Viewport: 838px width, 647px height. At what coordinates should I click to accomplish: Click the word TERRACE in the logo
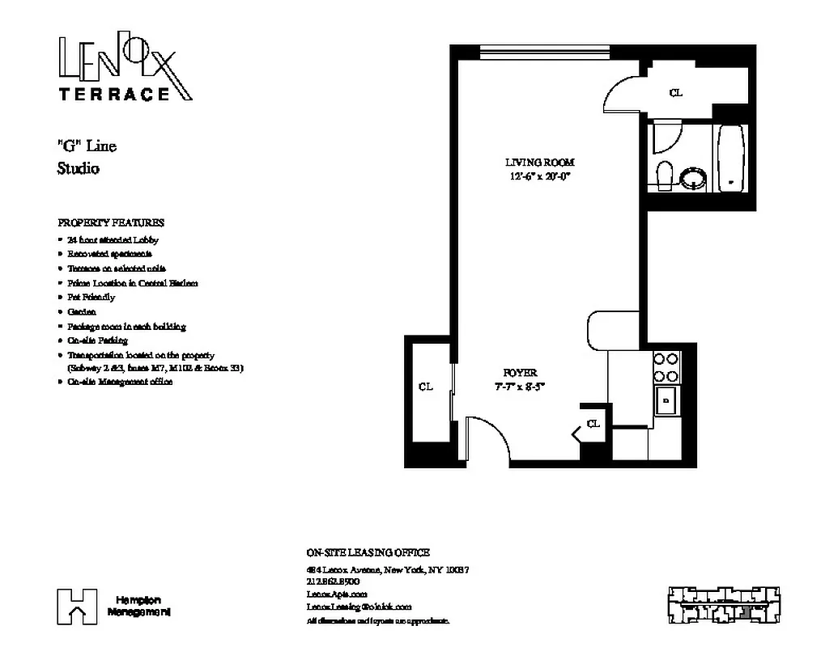tap(113, 94)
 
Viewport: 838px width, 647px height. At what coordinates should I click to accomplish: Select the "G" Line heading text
tap(87, 146)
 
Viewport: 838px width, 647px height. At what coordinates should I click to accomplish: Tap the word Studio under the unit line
tap(79, 169)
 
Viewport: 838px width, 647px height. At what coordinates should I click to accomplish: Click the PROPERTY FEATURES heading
tap(111, 222)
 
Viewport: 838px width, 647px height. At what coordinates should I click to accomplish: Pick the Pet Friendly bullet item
tap(91, 297)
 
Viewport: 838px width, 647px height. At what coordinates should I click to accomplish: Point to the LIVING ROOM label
tap(539, 163)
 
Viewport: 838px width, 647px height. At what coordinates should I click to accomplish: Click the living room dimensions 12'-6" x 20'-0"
tap(539, 175)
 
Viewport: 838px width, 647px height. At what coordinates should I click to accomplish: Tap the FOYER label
tap(520, 373)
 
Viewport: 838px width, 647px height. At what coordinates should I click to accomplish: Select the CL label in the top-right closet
tap(676, 93)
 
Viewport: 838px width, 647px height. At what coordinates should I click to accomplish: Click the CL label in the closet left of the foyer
tap(426, 387)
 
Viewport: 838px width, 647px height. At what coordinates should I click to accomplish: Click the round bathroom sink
tap(694, 177)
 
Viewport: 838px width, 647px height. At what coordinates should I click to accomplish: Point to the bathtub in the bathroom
tap(730, 158)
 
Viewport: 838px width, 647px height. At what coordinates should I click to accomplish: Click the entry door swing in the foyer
tap(488, 438)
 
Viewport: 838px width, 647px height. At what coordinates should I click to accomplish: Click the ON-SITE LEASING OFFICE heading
tap(368, 553)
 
